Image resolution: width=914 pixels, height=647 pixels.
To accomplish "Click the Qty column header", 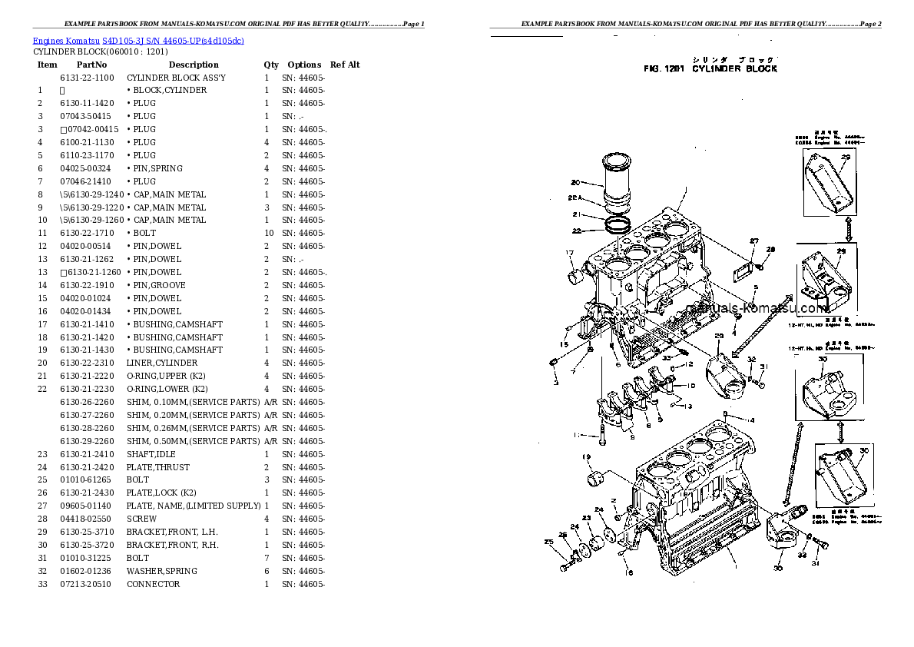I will coord(271,65).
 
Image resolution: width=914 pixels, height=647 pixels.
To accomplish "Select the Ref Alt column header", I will coord(345,65).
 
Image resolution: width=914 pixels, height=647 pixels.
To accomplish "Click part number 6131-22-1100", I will coord(87,78).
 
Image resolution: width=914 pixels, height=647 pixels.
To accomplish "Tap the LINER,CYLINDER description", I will coord(162,363).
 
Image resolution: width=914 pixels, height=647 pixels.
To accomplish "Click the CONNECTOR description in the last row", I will coord(154,584).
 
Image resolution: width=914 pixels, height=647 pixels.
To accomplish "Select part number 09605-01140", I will coord(85,506).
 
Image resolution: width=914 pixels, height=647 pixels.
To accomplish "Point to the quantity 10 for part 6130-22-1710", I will coord(268,233).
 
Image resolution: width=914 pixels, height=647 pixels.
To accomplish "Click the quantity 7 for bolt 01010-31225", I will coord(267,558).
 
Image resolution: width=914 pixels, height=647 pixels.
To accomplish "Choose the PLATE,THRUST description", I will coord(158,467).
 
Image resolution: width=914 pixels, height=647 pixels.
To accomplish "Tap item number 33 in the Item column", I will coord(42,584).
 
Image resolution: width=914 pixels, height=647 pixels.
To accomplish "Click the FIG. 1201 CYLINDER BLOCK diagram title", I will coord(710,69).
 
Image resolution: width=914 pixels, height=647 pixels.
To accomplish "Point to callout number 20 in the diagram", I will coord(575,183).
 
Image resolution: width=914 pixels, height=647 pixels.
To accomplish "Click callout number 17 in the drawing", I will coord(570,253).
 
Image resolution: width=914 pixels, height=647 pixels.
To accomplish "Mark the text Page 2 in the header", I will coord(868,25).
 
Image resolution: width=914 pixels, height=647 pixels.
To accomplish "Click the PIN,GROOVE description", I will coord(156,285).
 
